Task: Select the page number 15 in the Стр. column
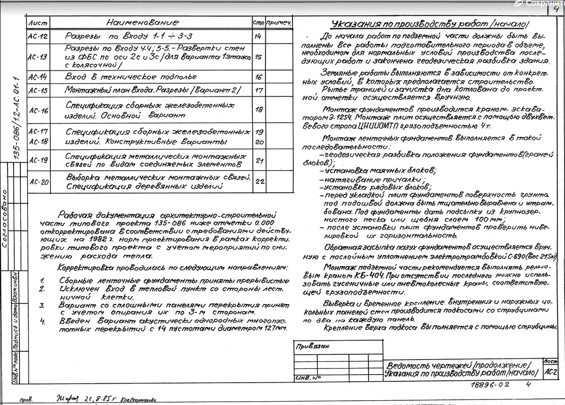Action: click(258, 57)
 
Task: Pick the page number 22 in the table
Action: click(259, 181)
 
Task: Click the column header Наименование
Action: click(142, 23)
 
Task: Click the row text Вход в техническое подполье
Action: click(131, 77)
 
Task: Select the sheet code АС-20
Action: click(38, 181)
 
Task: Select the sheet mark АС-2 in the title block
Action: click(551, 372)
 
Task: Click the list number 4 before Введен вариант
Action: click(42, 321)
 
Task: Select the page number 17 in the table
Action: click(259, 90)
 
